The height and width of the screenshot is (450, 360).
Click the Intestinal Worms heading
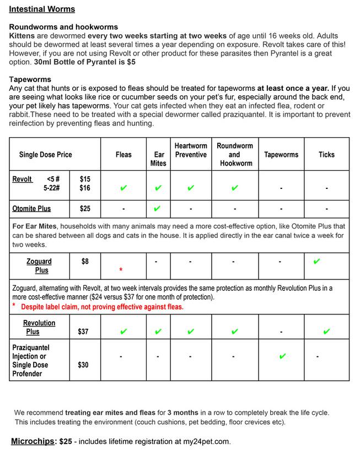point(42,9)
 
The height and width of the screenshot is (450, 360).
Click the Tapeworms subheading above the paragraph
point(30,79)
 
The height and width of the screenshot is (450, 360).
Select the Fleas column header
point(123,155)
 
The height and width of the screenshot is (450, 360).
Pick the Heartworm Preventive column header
point(191,150)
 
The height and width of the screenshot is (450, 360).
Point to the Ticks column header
point(326,155)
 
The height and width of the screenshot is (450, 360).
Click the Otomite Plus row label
point(31,209)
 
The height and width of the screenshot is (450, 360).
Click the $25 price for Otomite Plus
point(85,209)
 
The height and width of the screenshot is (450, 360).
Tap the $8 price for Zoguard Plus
point(85,262)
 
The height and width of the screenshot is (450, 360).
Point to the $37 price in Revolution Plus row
point(83,332)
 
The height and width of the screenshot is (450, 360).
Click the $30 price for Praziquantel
point(83,365)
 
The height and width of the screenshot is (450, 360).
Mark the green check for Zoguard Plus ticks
point(316,262)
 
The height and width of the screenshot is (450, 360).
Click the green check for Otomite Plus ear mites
point(158,209)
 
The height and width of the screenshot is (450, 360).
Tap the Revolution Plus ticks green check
point(326,332)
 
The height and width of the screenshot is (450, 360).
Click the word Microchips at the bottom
point(34,442)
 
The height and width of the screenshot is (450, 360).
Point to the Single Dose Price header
point(46,155)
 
